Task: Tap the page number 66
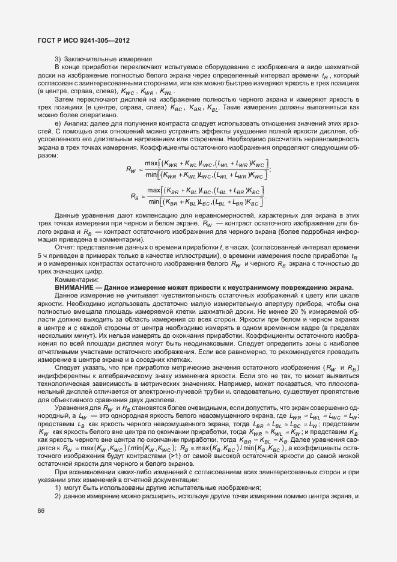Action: (x=41, y=511)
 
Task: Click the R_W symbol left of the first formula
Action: (x=131, y=169)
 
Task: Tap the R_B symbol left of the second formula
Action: (x=135, y=213)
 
